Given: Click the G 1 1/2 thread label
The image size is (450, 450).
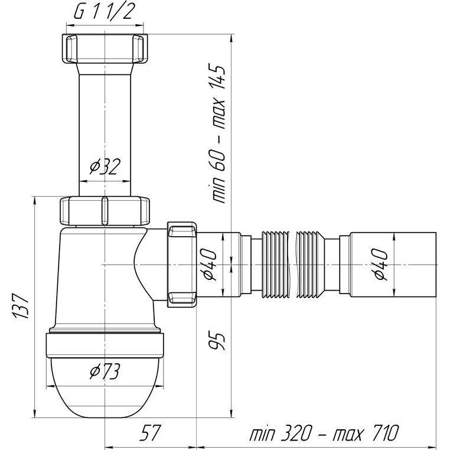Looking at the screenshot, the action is tap(104, 12).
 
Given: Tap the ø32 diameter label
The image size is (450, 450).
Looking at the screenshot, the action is tap(105, 167).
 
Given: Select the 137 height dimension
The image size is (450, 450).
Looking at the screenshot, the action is tap(21, 306).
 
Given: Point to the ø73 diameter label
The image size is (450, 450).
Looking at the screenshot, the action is tap(105, 371).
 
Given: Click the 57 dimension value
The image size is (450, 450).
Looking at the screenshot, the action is tap(149, 433).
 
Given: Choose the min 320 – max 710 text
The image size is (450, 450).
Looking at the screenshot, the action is tap(324, 433).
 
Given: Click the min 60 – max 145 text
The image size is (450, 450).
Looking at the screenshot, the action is tap(219, 133).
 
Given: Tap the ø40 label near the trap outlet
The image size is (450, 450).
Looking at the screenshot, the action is tap(210, 264).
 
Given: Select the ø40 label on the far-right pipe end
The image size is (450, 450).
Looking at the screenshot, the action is tap(381, 264).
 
